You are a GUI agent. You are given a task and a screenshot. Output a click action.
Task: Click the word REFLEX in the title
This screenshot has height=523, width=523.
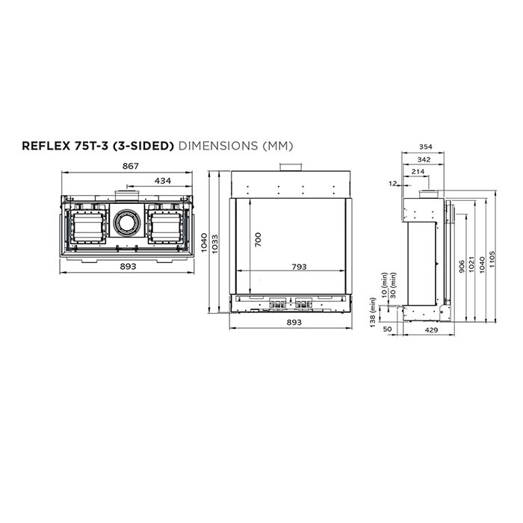click(46, 146)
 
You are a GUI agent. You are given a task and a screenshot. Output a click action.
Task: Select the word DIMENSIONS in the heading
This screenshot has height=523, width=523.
click(218, 146)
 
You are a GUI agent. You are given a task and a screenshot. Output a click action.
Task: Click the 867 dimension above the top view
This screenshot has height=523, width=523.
click(131, 166)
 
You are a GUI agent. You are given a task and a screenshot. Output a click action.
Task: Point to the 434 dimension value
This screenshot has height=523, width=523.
click(163, 181)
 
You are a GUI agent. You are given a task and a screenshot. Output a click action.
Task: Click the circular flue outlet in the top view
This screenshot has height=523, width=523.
click(127, 222)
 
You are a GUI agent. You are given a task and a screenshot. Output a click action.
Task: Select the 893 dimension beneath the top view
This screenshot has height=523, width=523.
click(128, 266)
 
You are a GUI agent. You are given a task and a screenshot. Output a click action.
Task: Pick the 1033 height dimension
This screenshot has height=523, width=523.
click(214, 244)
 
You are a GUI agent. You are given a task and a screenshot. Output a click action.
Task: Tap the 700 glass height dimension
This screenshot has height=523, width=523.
click(258, 240)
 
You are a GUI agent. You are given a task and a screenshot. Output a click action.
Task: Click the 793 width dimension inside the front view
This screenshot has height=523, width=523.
click(299, 267)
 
